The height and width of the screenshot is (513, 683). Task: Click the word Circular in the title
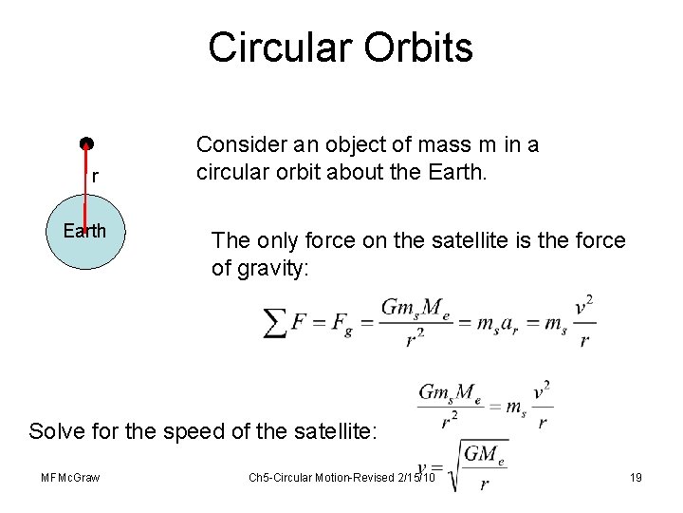279,47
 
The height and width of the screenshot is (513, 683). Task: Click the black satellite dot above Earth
86,144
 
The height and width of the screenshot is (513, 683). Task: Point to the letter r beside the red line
95,177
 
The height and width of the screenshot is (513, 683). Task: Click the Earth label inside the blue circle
84,231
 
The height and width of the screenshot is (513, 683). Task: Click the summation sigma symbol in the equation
275,323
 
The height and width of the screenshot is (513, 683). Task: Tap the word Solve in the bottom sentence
57,431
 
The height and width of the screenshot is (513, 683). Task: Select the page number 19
636,477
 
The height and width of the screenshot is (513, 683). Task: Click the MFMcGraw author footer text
71,477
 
